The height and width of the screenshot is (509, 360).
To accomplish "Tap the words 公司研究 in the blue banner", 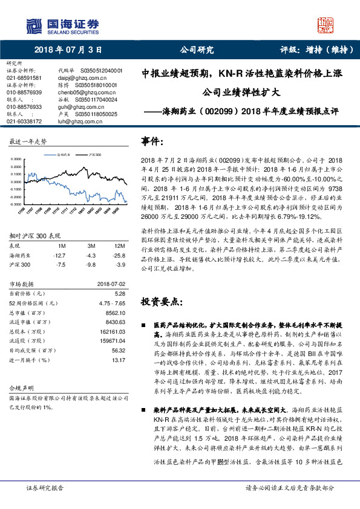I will [x=197, y=50].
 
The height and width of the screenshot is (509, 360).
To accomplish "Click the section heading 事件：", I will [x=152, y=141].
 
